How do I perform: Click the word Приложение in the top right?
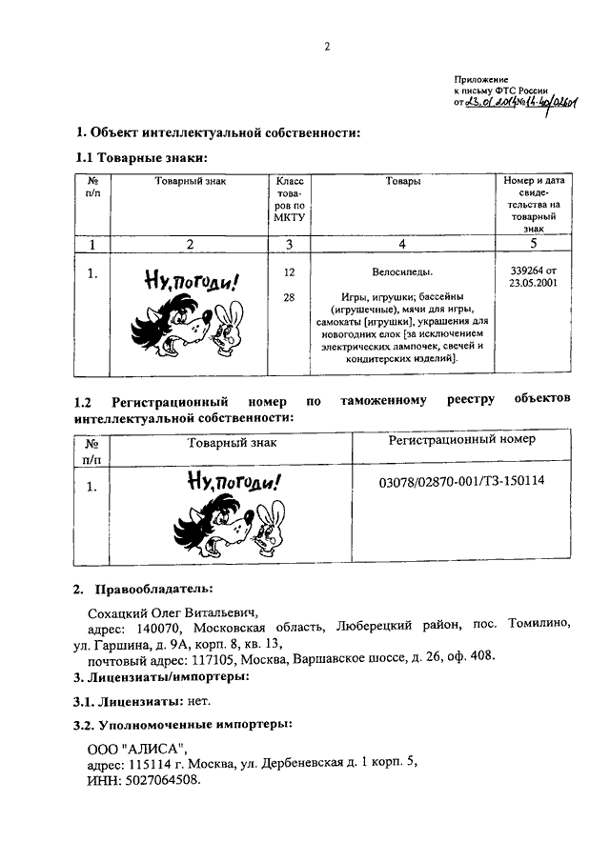pos(481,80)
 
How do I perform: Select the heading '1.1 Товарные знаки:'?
pos(142,157)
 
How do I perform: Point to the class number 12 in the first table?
pos(289,272)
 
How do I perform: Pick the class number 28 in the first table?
pos(289,297)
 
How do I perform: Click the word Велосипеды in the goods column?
pos(402,272)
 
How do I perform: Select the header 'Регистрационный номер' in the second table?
pos(462,439)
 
